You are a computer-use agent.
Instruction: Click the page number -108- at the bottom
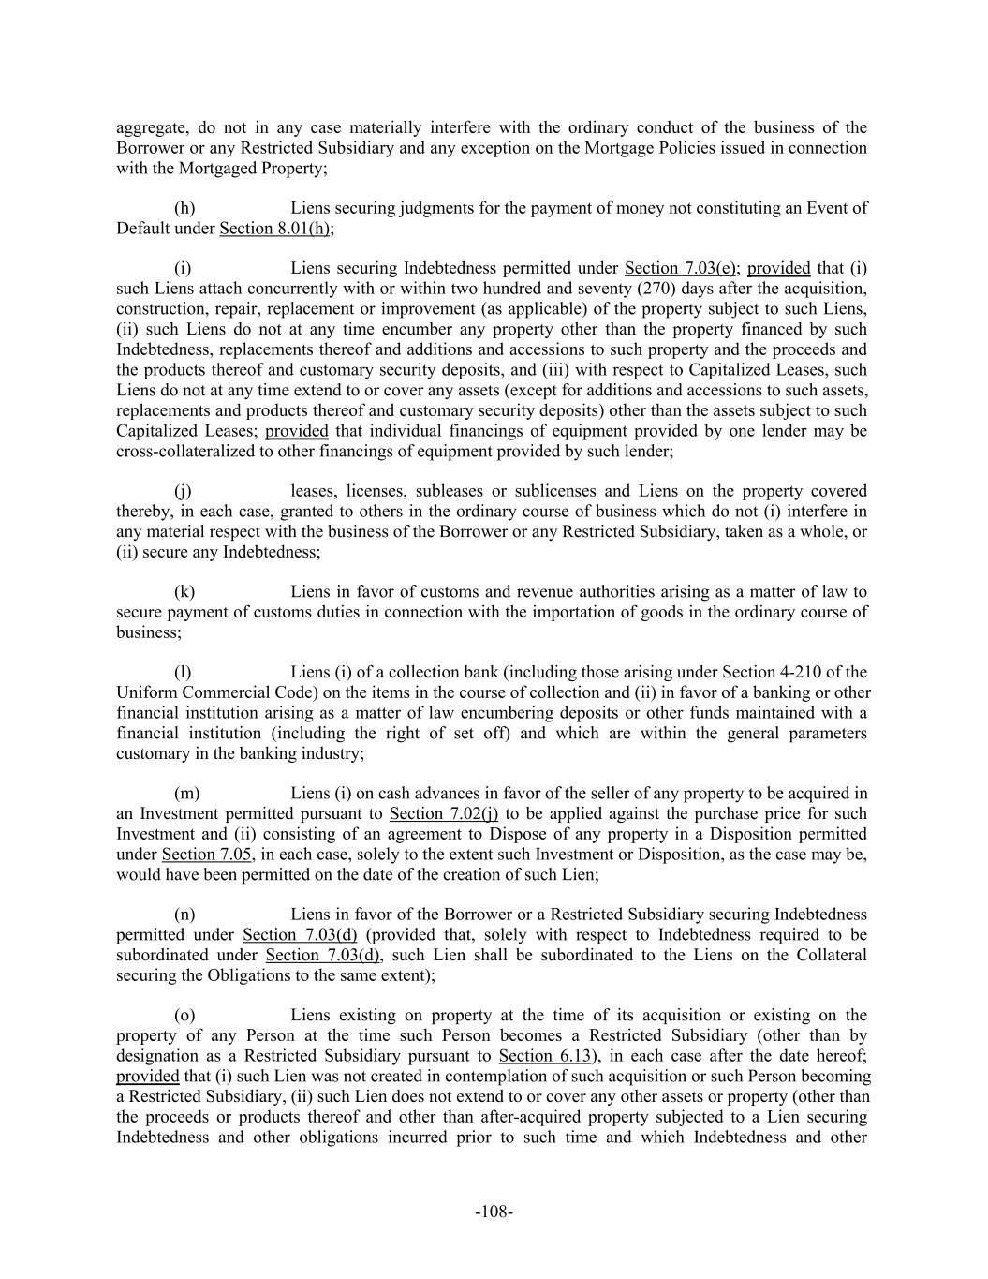point(494,1212)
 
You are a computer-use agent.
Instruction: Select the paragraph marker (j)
point(184,491)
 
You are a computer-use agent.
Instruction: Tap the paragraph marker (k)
point(184,592)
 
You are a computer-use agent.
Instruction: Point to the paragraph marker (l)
point(184,673)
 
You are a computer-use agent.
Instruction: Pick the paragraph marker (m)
point(186,794)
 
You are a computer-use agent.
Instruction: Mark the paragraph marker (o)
point(184,1016)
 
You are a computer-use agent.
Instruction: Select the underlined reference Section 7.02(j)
point(443,814)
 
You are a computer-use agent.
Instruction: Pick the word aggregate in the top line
point(149,127)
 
